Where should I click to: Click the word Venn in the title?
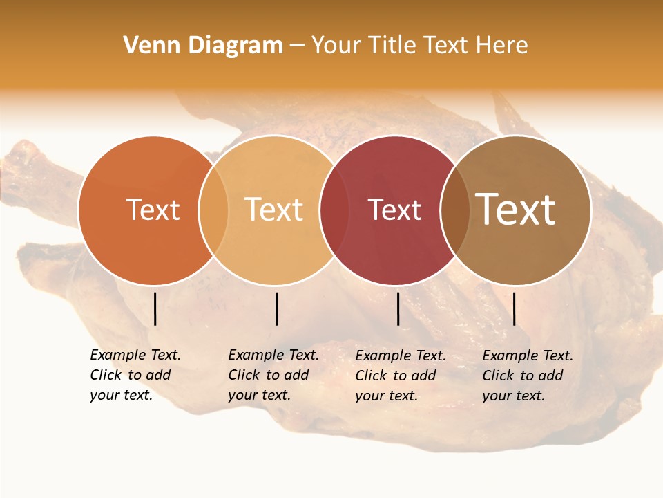(152, 46)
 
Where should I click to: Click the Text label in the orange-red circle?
(153, 210)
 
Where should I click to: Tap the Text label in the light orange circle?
(273, 210)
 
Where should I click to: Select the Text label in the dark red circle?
(394, 210)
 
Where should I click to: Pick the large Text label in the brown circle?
(516, 210)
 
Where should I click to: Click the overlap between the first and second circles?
(213, 210)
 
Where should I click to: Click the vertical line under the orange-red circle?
(155, 308)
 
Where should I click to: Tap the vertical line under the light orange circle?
(276, 308)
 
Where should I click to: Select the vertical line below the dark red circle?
(398, 308)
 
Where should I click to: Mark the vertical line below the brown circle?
(514, 308)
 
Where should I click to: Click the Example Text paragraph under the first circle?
(135, 375)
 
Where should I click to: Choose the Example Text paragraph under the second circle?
(273, 375)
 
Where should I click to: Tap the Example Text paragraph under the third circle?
(400, 376)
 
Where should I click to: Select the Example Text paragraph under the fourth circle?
(527, 376)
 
